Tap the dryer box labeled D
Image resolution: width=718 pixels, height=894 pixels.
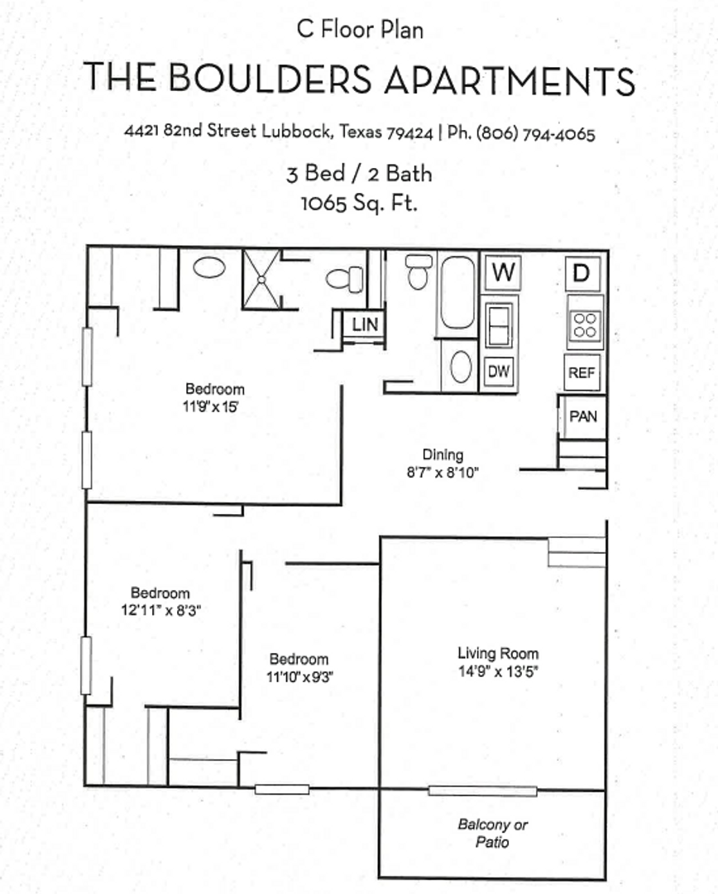point(582,272)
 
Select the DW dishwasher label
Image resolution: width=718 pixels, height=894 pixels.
point(499,372)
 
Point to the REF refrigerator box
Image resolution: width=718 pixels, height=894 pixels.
point(582,373)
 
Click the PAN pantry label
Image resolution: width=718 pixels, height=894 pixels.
point(583,417)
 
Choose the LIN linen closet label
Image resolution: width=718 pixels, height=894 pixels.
point(365,324)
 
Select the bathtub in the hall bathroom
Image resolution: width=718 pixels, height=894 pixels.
point(457,292)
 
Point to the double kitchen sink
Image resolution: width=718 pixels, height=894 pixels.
point(499,324)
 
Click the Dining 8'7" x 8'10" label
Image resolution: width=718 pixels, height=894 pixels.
point(443,464)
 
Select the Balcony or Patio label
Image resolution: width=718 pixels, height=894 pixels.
point(493,834)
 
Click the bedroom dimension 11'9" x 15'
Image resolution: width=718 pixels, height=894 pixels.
point(214,406)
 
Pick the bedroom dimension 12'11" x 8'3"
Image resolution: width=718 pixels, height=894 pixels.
point(161,610)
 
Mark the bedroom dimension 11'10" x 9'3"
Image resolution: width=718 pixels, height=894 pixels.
point(299,676)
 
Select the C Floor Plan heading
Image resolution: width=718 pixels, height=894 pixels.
point(360,30)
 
